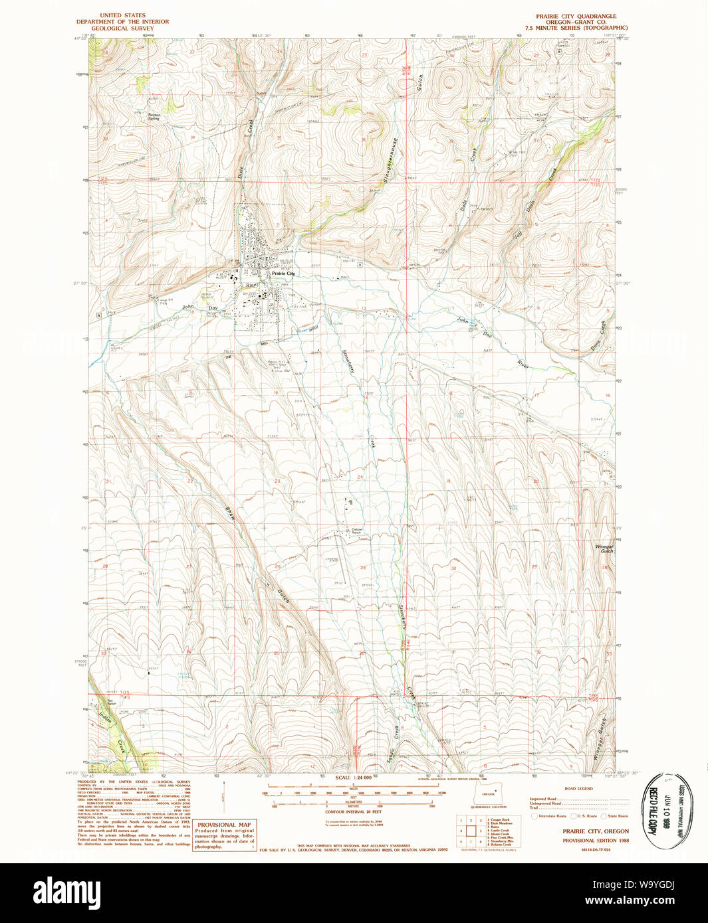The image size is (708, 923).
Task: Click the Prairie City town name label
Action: coord(283,273)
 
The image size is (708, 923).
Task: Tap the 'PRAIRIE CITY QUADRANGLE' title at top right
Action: coord(576,16)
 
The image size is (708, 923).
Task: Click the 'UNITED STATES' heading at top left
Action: coord(122,15)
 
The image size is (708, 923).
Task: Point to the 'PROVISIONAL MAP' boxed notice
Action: coord(224,825)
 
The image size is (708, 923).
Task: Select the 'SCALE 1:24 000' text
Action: coord(353,778)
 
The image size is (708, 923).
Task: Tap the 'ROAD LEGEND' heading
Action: coord(578,788)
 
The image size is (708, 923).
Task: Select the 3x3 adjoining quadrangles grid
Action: coord(471,830)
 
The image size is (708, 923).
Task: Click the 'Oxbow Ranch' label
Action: coord(356,531)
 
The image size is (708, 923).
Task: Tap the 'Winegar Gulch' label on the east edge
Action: coord(604,548)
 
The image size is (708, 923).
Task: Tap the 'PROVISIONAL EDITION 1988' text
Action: coord(595,840)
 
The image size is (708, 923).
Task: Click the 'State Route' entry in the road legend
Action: coord(617,815)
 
